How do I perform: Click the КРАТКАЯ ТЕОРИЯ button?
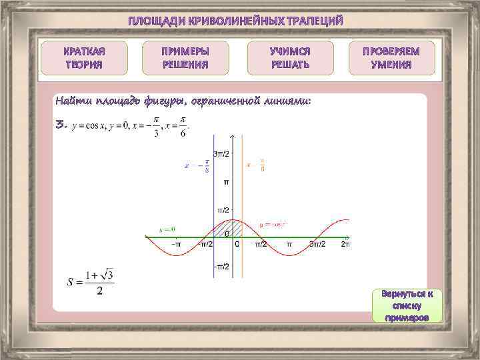tap(84, 58)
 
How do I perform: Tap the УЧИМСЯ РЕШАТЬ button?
tap(289, 58)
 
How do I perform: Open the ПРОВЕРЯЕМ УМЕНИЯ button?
tap(392, 58)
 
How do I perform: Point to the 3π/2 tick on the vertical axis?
tap(221, 154)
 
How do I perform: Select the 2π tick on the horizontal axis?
tap(345, 245)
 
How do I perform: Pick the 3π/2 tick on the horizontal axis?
tap(318, 245)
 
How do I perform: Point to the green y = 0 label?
tap(167, 229)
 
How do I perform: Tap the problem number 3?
tap(61, 123)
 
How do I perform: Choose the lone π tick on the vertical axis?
tap(226, 181)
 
